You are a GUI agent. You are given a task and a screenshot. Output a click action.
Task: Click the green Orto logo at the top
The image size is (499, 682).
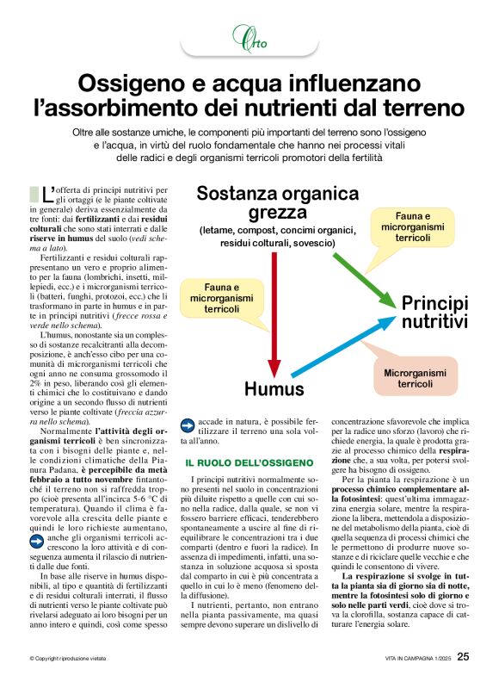point(249,38)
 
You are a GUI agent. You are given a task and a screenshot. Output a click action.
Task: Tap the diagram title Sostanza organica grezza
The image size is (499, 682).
point(266,202)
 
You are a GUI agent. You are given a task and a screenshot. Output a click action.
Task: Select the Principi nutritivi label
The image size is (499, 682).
point(435,313)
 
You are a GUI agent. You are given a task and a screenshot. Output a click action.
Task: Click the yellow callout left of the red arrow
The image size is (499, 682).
point(222,296)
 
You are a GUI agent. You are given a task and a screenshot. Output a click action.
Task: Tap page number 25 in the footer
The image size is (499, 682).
point(463,656)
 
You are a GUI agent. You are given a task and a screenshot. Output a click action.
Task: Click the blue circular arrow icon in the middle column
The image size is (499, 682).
point(188,425)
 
